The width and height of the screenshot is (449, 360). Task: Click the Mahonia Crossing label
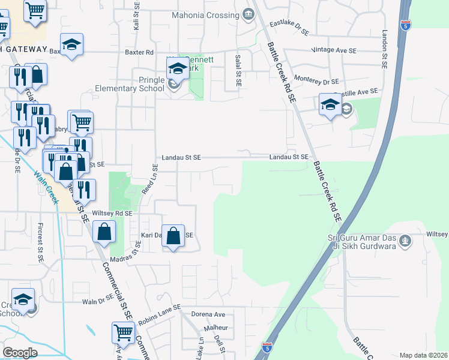(205, 14)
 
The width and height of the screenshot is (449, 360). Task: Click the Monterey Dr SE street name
(316, 80)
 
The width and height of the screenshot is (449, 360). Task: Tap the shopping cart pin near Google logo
(122, 332)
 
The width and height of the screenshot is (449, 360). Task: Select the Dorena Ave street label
(208, 314)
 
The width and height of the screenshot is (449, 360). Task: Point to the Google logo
(20, 353)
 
